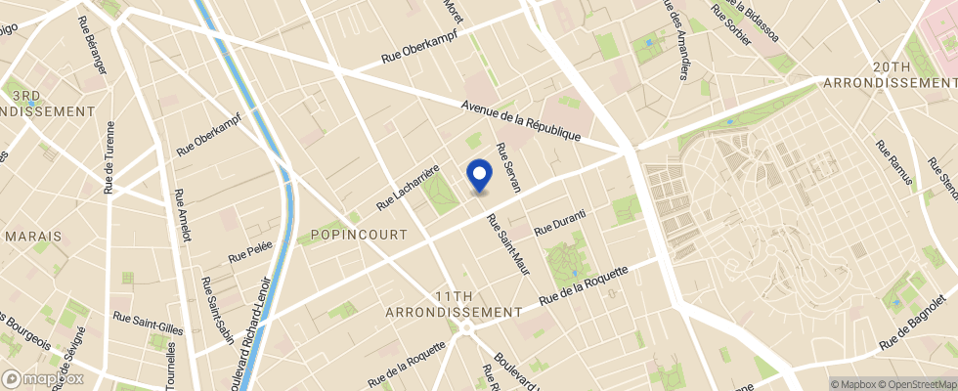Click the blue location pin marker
tap(479, 175)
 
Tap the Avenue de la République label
tap(521, 121)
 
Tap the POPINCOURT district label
tap(351, 235)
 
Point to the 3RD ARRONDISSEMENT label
tap(45, 103)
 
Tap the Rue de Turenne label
tap(109, 156)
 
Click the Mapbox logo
tap(43, 378)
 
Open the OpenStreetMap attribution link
tap(916, 384)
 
